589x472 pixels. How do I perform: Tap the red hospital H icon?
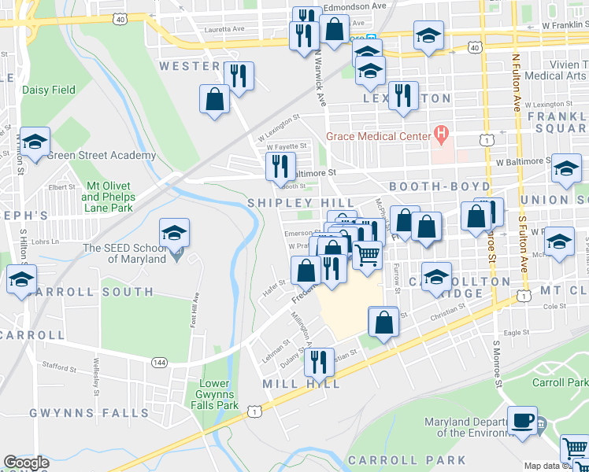coord(441,135)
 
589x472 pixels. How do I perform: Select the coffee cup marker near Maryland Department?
coord(521,419)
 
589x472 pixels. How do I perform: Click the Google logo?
coord(26,463)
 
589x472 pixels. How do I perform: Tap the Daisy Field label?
coord(49,90)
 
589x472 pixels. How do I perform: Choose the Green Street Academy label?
coord(101,155)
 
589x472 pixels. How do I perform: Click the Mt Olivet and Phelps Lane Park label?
coord(108,197)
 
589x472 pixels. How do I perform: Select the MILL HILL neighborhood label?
coord(302,384)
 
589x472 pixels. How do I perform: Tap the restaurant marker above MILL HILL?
coord(319,361)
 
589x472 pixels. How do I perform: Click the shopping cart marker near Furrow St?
coord(367,254)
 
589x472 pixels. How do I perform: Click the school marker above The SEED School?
coord(174,232)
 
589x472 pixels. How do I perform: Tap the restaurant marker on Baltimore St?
coord(280,165)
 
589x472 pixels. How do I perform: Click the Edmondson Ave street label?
coord(355,6)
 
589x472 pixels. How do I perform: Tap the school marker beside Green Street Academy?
coord(35,142)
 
